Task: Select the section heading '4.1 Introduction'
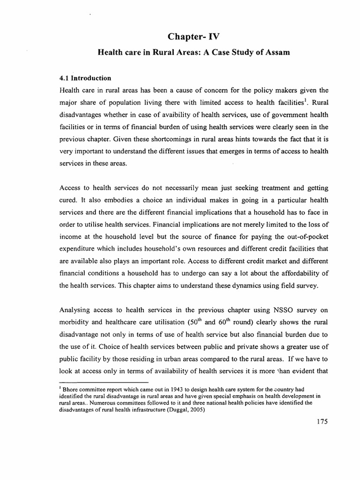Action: click(85, 78)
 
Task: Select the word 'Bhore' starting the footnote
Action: click(70, 388)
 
